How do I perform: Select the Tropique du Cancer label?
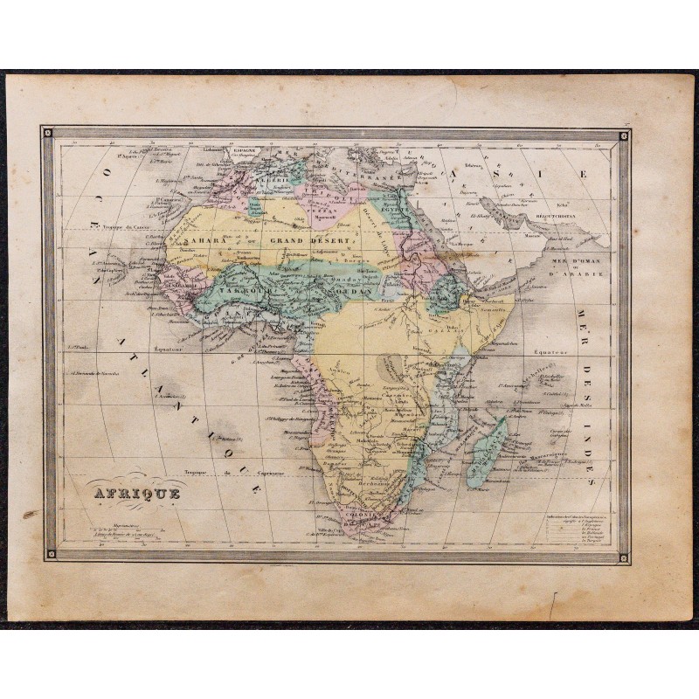[x=121, y=227]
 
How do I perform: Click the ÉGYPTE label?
[x=391, y=209]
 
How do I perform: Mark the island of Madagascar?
[x=488, y=450]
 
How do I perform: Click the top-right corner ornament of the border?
[x=624, y=135]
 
